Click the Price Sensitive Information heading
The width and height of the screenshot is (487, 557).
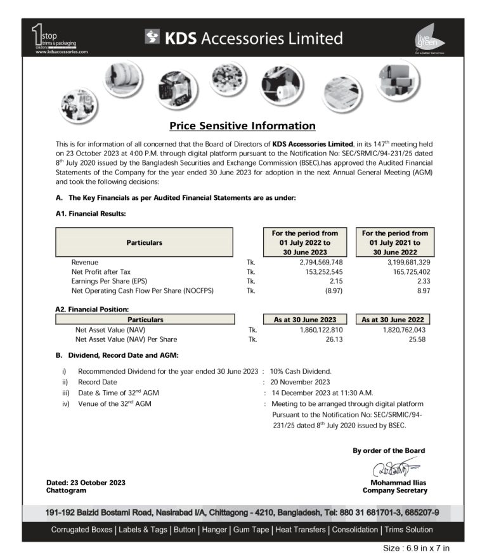tap(242, 126)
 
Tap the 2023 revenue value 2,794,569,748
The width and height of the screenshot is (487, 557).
tap(321, 262)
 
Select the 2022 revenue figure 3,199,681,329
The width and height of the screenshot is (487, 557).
tap(399, 262)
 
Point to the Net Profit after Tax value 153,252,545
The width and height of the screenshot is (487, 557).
tap(325, 272)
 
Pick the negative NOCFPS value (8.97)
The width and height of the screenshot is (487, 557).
tap(333, 291)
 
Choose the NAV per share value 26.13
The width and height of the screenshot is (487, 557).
tap(334, 339)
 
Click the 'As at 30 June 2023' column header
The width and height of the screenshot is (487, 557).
tap(305, 320)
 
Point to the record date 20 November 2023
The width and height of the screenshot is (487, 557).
tap(300, 382)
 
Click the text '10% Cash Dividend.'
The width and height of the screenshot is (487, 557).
tap(301, 371)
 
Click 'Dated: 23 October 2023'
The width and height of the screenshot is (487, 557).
tap(86, 483)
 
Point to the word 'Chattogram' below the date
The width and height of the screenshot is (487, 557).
tap(66, 490)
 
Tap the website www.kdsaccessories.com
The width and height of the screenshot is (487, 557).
tap(62, 51)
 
